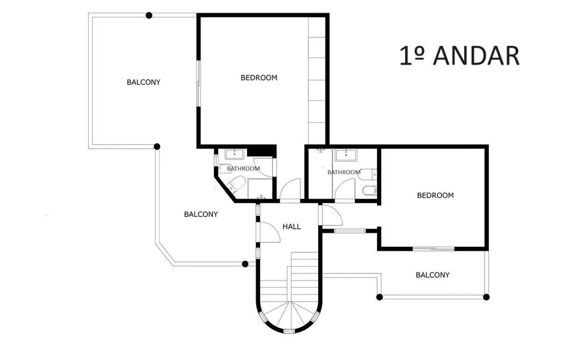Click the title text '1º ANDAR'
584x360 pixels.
(x=459, y=56)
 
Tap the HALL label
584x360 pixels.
(x=292, y=226)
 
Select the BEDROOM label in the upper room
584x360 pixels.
(x=259, y=78)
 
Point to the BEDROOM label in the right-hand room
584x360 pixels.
(x=435, y=195)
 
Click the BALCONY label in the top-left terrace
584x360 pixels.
(x=143, y=82)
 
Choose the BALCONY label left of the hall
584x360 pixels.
(x=201, y=214)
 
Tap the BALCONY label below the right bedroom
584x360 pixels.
(x=433, y=275)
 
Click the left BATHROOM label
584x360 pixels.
(x=243, y=168)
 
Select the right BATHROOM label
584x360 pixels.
(x=344, y=172)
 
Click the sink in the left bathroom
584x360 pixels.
(x=235, y=154)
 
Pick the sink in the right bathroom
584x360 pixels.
(x=346, y=155)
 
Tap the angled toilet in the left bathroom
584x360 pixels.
(x=235, y=184)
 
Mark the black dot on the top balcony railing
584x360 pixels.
(x=149, y=15)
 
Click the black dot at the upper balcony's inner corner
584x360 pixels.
(x=157, y=147)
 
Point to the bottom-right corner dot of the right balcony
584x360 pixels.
(x=486, y=297)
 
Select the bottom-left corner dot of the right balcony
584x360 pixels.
(x=379, y=297)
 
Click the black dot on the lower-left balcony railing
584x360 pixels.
(x=245, y=264)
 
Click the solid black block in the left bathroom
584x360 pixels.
(x=262, y=151)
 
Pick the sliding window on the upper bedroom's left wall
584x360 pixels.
(x=199, y=84)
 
